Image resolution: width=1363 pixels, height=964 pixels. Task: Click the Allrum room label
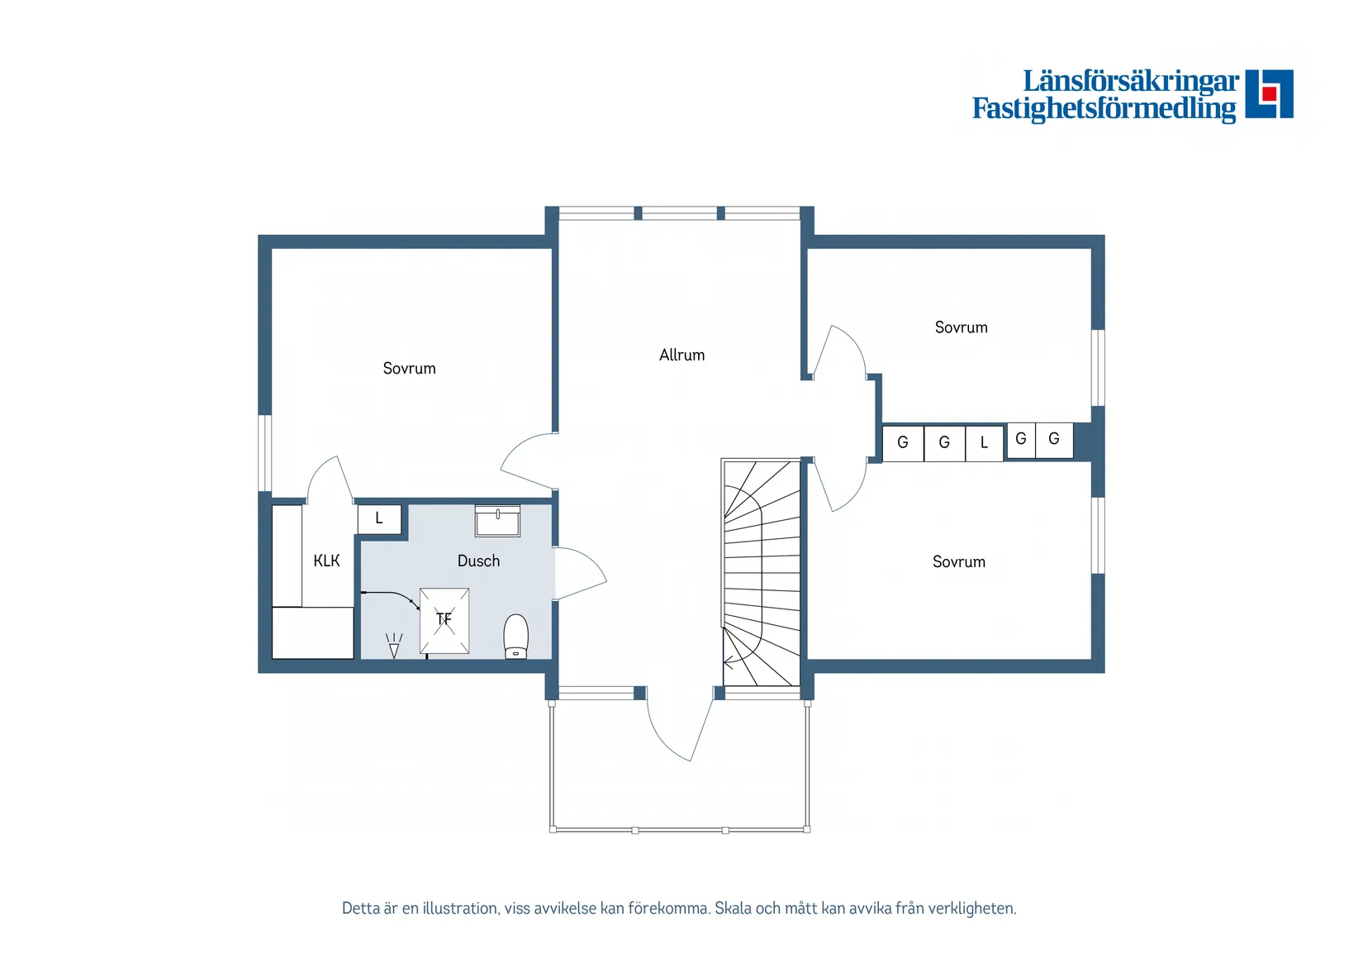[x=681, y=355]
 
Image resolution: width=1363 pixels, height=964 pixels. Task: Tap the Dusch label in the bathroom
[x=478, y=561]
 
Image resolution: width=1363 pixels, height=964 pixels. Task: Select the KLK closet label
[x=326, y=561]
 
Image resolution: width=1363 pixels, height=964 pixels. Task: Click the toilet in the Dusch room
[x=516, y=636]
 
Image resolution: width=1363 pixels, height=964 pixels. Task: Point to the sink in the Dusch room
[x=497, y=521]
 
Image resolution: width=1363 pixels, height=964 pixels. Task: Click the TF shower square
[x=444, y=621]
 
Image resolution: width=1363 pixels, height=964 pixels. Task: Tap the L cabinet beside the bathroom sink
[x=379, y=519]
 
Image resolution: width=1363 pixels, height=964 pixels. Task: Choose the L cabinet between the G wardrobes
[x=984, y=443]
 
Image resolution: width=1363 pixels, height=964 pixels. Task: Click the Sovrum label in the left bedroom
[x=409, y=369]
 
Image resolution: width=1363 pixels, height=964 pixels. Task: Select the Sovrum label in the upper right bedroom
[x=961, y=327]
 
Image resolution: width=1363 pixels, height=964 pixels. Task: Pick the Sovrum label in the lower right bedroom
[x=959, y=562]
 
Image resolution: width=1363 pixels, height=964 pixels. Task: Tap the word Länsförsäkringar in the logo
[x=1131, y=82]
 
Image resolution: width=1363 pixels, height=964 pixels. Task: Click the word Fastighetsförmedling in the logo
[x=1104, y=109]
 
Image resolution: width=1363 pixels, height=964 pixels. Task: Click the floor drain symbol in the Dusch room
[x=394, y=646]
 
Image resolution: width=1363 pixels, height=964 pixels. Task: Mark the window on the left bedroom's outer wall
[x=264, y=453]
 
